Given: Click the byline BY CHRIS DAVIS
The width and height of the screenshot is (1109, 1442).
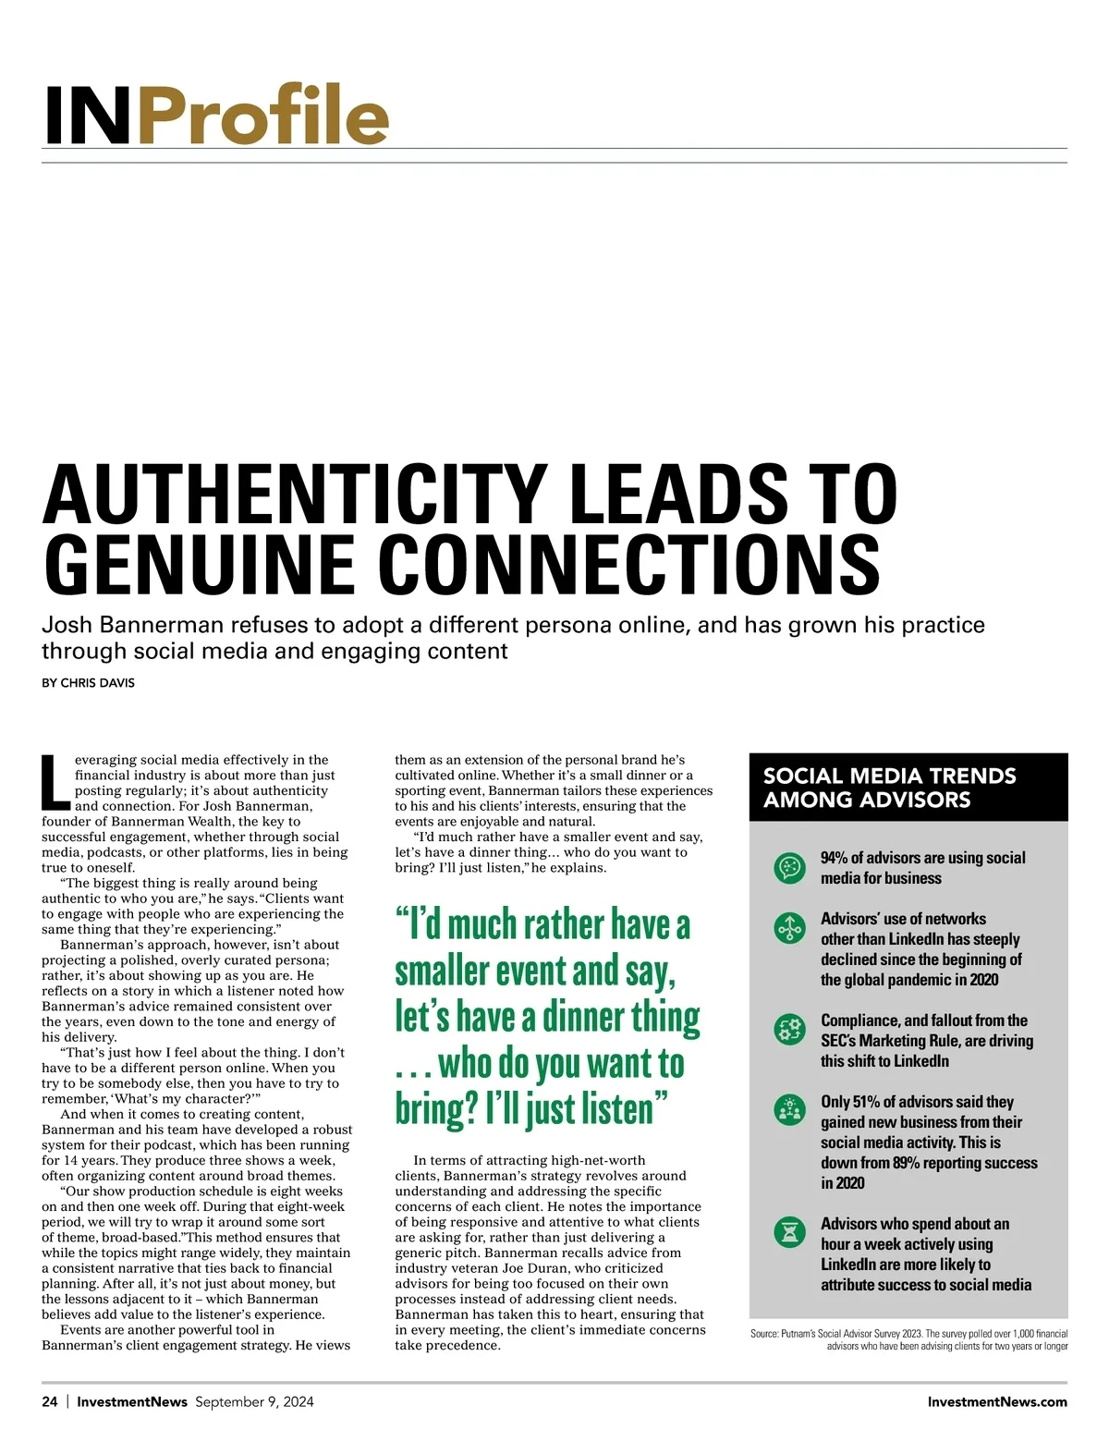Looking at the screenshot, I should (88, 683).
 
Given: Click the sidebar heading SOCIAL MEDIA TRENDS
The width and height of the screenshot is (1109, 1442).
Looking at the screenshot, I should (889, 776).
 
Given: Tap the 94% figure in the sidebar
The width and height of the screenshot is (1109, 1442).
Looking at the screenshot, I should (834, 858).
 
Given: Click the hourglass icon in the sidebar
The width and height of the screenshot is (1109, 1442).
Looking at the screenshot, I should (789, 1232).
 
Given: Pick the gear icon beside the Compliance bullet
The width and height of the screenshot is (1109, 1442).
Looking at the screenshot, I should (789, 1029).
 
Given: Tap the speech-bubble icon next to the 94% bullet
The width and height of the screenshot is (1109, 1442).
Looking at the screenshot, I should (789, 868).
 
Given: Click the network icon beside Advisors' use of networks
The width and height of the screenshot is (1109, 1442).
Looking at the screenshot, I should (789, 928).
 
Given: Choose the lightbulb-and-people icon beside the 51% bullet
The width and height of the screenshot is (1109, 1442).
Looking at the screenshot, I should (789, 1110).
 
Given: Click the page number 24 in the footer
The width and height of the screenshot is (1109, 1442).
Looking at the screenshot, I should (50, 1401).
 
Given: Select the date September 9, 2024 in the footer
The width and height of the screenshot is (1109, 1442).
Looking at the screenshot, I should (254, 1401).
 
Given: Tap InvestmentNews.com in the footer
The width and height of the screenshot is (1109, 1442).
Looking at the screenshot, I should (997, 1401).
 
